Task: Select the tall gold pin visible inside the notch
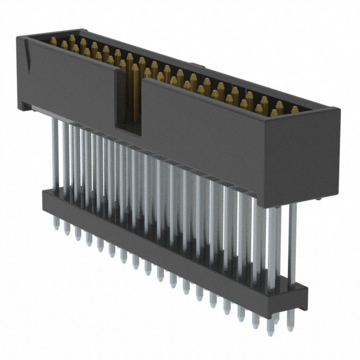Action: pyautogui.click(x=135, y=90)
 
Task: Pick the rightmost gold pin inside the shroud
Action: pyautogui.click(x=295, y=110)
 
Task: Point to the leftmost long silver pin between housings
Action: pyautogui.click(x=55, y=152)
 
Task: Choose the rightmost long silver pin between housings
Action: pyautogui.click(x=292, y=242)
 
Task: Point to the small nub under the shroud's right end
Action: pyautogui.click(x=318, y=199)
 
